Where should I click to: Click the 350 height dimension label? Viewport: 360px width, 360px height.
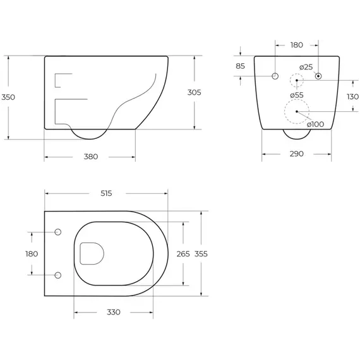point(8,97)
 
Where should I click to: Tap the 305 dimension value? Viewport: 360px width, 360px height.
point(195,92)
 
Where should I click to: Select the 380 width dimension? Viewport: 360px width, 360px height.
point(91,157)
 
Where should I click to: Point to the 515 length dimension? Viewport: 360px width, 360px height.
point(106,193)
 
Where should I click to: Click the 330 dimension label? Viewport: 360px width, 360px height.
point(114,312)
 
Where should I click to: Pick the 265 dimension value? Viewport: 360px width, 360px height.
point(183,254)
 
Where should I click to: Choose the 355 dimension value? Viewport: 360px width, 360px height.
point(201,254)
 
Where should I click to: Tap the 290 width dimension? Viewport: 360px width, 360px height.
point(297,154)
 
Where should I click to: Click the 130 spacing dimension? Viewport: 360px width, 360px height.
point(352,97)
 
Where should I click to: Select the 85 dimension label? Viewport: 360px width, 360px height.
point(241,66)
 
